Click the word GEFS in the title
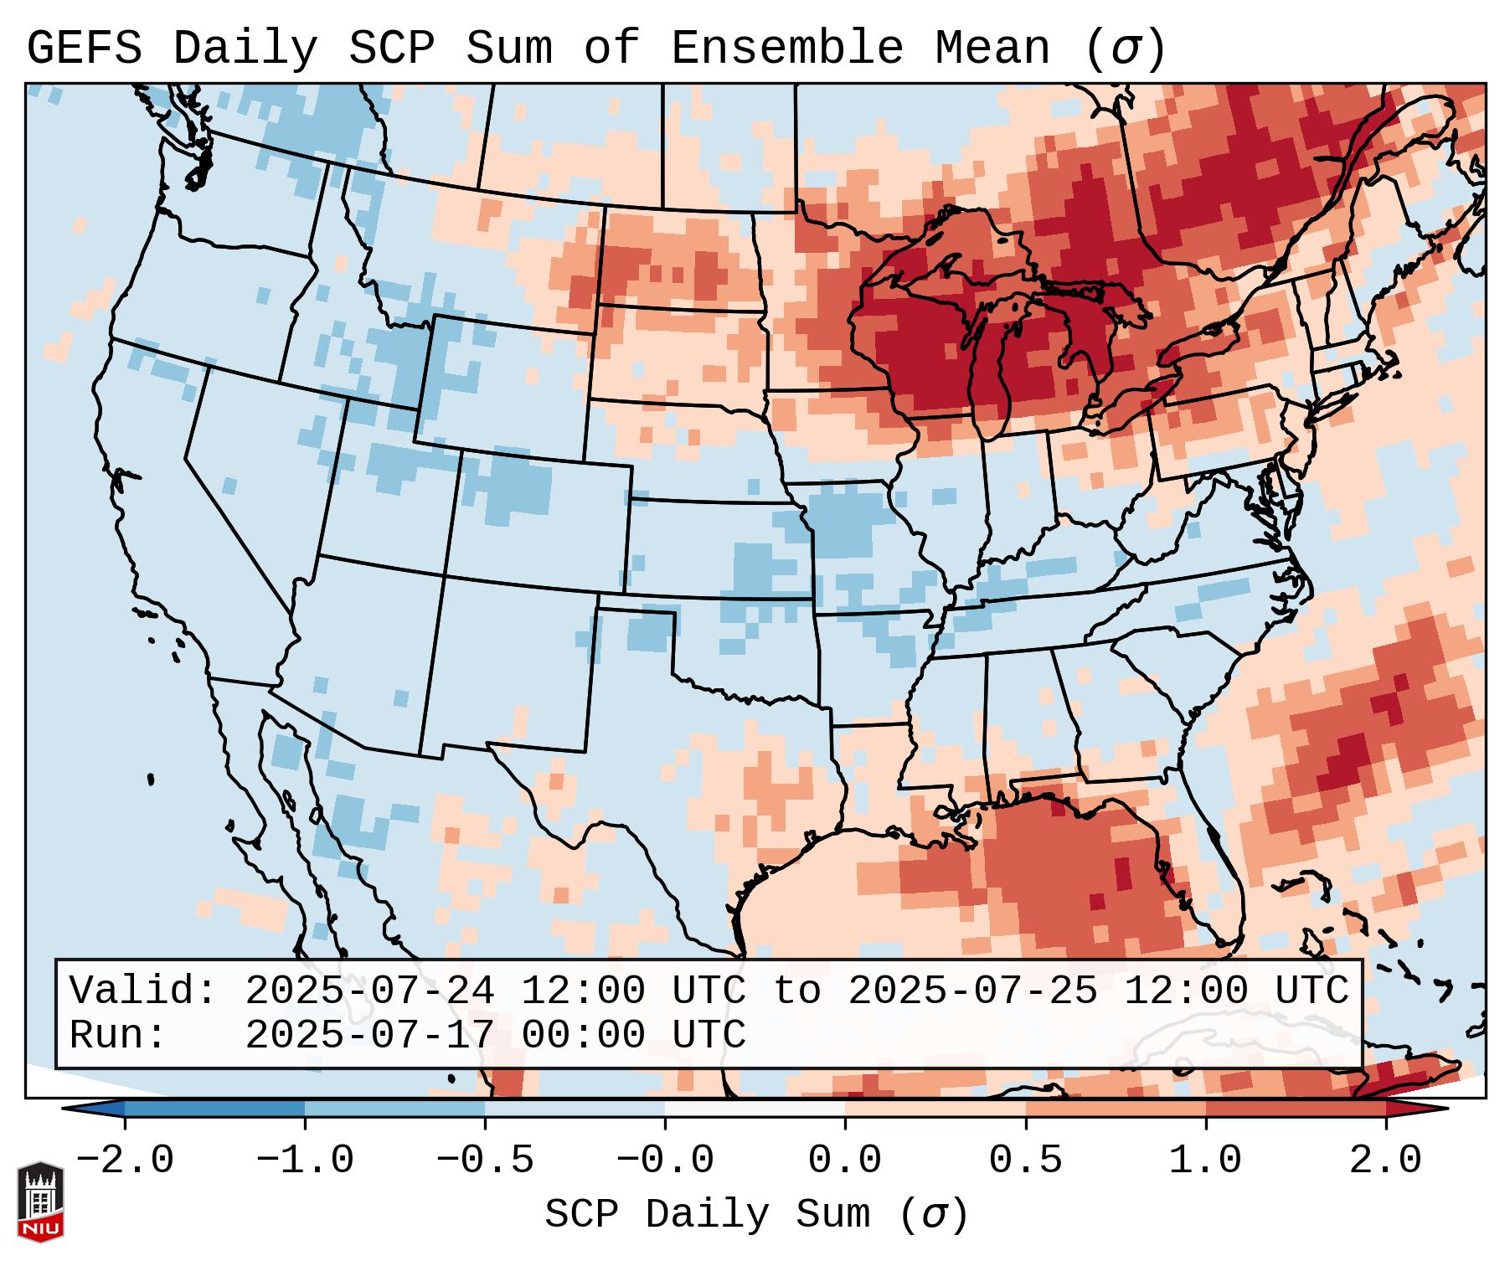pos(84,49)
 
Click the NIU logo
pos(40,1201)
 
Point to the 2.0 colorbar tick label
pos(1385,1161)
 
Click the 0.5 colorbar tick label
pos(1025,1161)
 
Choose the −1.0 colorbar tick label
pos(304,1161)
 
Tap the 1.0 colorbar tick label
pos(1205,1161)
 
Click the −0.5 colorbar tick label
pos(485,1161)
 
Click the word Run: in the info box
pos(117,1035)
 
